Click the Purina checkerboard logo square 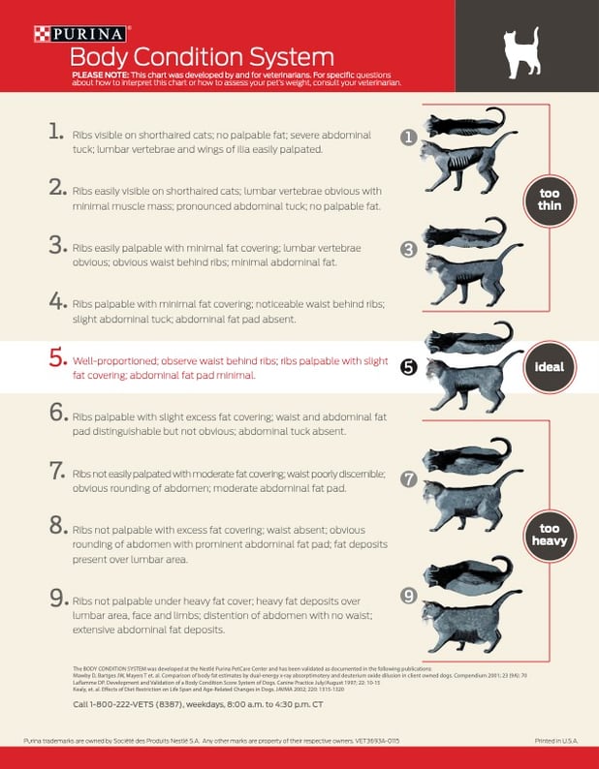click(41, 34)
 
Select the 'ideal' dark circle click(549, 368)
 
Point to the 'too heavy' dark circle click(549, 535)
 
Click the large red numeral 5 click(56, 356)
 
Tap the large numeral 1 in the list click(56, 132)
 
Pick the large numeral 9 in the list click(56, 599)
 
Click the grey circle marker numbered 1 click(409, 138)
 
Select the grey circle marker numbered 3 click(409, 249)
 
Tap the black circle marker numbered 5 click(409, 367)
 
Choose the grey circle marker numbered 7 click(409, 478)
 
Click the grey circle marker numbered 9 click(409, 595)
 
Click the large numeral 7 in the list click(56, 470)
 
